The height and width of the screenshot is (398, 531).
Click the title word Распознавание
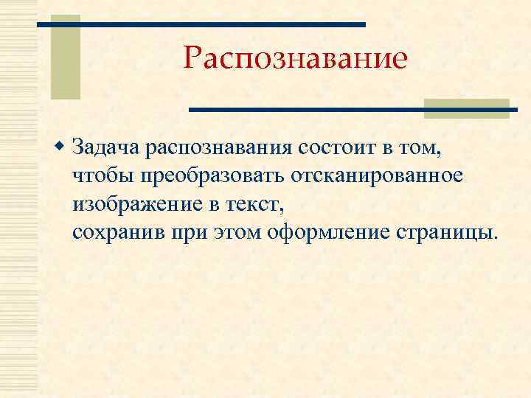(295, 58)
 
